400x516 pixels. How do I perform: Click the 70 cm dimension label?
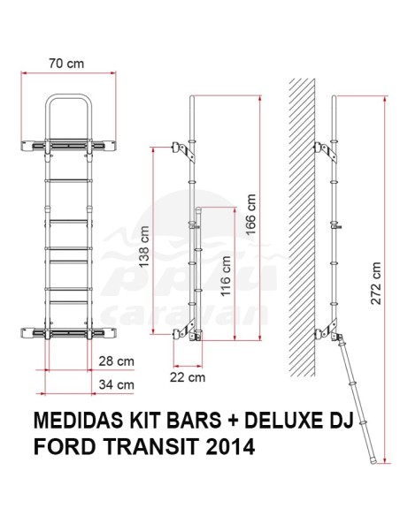[x=67, y=64]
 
